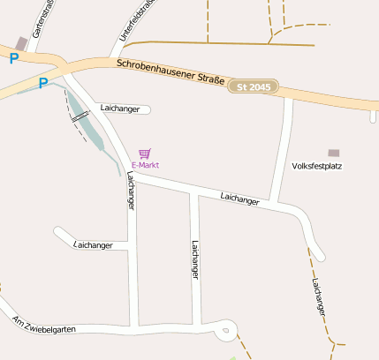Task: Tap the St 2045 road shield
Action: coord(254,86)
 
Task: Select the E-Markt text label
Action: coord(145,165)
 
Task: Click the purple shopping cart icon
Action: coord(145,154)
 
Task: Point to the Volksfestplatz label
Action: coord(316,165)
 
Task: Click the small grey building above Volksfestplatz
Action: coord(333,154)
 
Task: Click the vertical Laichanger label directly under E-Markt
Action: coord(131,190)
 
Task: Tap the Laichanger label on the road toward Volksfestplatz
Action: coord(239,199)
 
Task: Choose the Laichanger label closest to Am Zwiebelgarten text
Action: coord(94,244)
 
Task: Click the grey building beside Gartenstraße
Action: coord(21,43)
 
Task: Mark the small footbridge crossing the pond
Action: coord(80,115)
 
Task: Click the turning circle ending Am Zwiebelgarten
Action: coord(227,331)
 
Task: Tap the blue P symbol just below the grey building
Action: coord(13,58)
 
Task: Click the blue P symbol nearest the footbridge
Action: coord(42,83)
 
